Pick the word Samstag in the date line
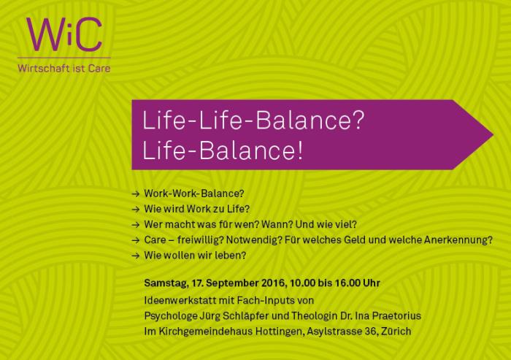coord(164,283)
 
